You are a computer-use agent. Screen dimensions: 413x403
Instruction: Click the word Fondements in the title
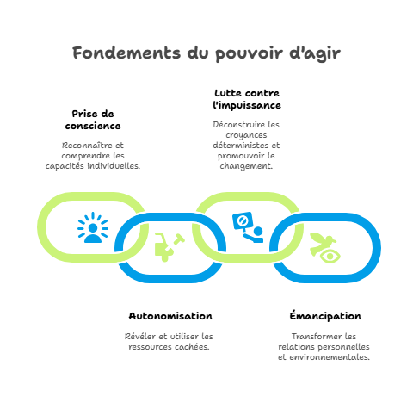(126, 53)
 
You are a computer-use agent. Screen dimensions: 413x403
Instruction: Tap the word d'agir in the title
(315, 53)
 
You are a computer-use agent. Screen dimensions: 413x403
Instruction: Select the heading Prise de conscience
(93, 120)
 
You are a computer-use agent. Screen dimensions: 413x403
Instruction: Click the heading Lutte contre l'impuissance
(247, 99)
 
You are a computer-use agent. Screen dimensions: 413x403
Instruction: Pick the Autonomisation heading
(170, 316)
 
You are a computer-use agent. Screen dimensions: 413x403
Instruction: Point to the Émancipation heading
(325, 315)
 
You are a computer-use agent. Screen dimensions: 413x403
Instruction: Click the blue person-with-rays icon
(93, 227)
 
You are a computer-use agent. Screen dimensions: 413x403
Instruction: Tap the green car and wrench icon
(170, 247)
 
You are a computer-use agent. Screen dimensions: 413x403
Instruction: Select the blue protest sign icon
(248, 227)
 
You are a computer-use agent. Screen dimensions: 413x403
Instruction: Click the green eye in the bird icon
(330, 256)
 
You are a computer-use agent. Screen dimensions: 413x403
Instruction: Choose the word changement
(246, 166)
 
